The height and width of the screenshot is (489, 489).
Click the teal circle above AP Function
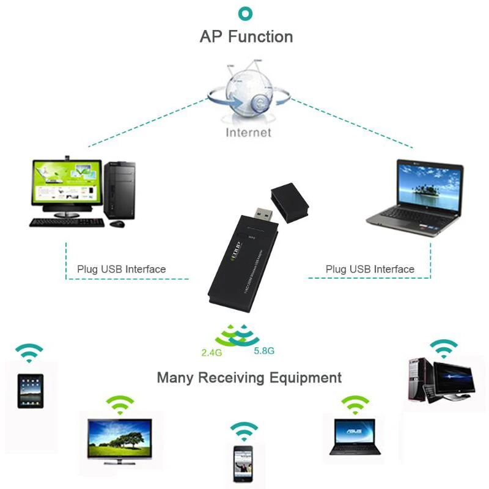tap(246, 13)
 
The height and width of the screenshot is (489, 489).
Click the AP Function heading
tap(246, 37)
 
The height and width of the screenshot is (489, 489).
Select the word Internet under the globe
tap(248, 132)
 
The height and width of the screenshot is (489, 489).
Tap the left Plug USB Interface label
tap(121, 269)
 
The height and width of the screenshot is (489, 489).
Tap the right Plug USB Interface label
tap(370, 269)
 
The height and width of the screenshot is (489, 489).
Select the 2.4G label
tap(212, 352)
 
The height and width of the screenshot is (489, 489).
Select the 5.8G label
tap(264, 351)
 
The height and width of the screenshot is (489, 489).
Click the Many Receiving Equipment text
tap(249, 377)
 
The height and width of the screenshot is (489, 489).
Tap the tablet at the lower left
tap(30, 391)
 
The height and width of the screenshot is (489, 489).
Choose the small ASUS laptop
tap(355, 435)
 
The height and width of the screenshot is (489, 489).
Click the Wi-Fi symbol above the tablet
tap(29, 353)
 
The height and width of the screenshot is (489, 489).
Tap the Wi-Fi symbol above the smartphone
tap(244, 431)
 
